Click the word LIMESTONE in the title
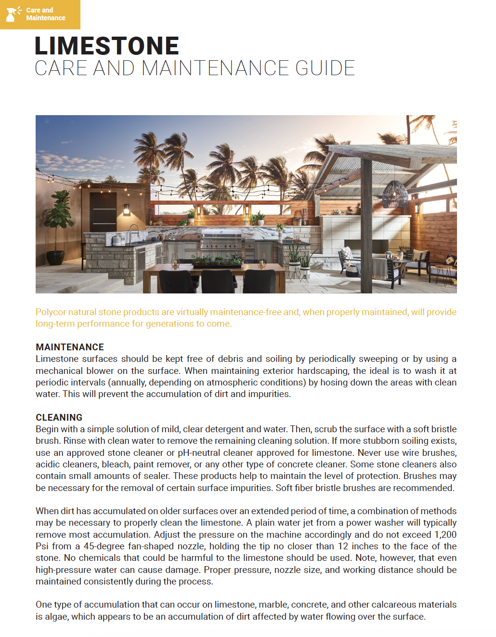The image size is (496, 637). (106, 46)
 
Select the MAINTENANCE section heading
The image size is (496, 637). (70, 347)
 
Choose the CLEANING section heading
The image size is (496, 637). (59, 417)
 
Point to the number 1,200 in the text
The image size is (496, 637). (445, 534)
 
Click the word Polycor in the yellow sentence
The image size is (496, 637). (51, 312)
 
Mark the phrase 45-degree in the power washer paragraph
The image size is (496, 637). (104, 546)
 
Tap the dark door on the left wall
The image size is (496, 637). (104, 212)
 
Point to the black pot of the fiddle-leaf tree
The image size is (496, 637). (55, 257)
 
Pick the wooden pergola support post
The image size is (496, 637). (367, 222)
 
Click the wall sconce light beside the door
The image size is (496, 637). (127, 209)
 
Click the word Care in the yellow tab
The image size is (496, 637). (33, 10)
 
